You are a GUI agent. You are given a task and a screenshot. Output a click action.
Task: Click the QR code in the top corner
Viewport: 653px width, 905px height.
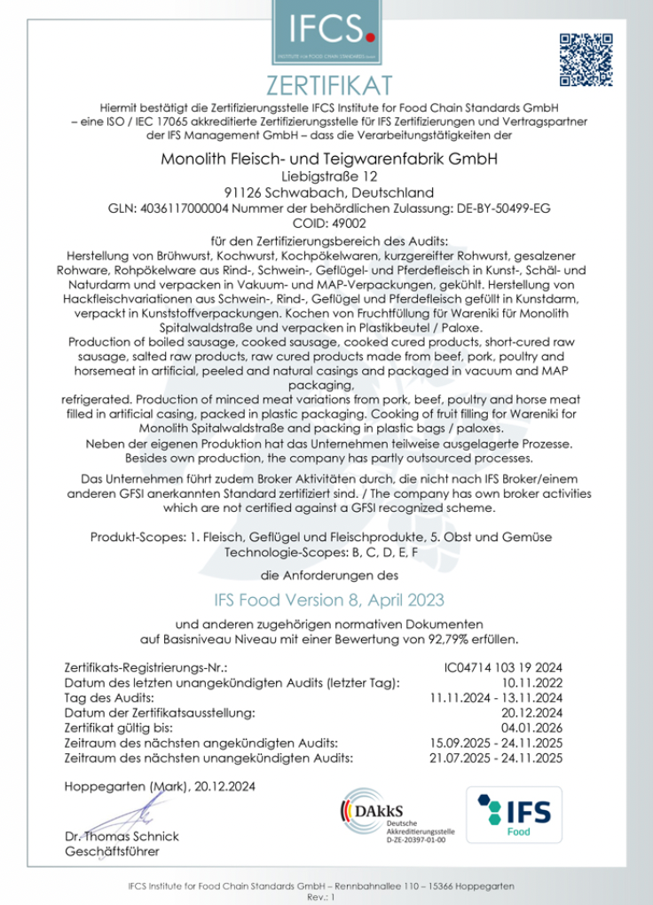(586, 58)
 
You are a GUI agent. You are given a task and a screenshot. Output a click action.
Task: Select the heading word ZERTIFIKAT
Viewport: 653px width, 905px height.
(326, 87)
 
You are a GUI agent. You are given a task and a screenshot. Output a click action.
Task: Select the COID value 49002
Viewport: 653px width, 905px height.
(347, 224)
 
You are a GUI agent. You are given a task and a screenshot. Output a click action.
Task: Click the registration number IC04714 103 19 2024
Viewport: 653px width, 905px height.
(503, 667)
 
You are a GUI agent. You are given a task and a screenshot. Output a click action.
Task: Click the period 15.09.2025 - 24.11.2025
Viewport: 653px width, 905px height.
(496, 743)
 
